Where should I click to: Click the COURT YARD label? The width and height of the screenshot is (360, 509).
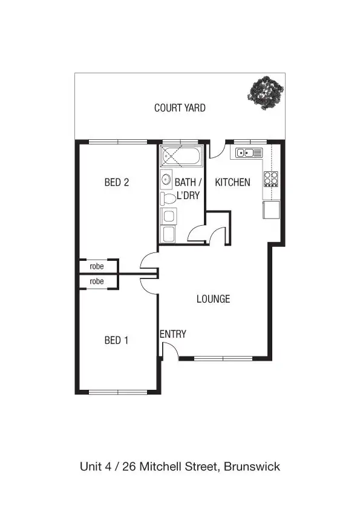click(180, 108)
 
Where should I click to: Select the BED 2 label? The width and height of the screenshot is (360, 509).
click(117, 182)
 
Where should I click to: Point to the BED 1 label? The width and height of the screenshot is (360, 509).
click(117, 340)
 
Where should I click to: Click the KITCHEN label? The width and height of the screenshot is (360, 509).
click(233, 182)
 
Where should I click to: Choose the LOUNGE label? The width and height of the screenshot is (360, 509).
click(213, 299)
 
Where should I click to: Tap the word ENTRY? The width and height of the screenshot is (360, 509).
click(173, 334)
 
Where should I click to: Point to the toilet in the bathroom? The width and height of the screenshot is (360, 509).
click(168, 198)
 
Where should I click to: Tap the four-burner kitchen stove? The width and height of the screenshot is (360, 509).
click(270, 179)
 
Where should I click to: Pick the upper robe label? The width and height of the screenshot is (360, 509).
click(97, 266)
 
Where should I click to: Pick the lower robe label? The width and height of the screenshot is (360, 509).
click(97, 281)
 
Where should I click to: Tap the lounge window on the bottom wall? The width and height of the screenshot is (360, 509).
click(223, 358)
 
